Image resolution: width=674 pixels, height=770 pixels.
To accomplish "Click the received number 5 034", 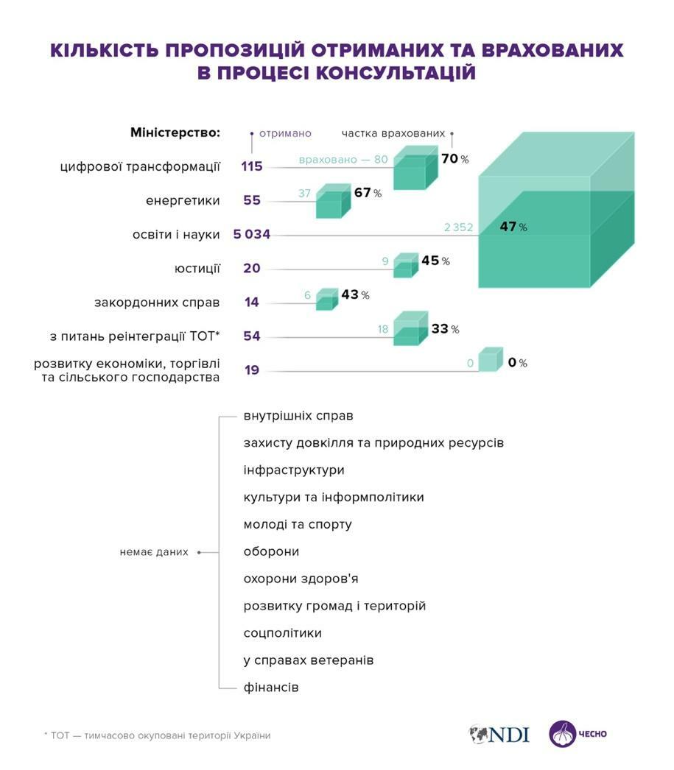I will [x=251, y=235].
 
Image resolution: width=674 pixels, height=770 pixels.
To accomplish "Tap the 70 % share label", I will [x=454, y=158].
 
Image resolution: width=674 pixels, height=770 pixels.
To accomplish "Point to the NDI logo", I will [x=499, y=734].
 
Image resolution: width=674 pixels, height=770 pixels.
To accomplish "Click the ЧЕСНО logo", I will [x=578, y=734].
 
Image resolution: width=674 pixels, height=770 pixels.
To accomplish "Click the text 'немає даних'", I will [x=153, y=552].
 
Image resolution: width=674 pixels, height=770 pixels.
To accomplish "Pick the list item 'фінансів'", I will [x=270, y=688].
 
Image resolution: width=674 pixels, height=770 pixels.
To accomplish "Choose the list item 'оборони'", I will [x=270, y=552].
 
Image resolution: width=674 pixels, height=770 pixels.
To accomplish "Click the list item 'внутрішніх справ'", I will [x=298, y=416].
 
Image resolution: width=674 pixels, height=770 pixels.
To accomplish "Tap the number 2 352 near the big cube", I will [x=458, y=227].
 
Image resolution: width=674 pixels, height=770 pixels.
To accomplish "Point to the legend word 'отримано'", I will [x=284, y=133].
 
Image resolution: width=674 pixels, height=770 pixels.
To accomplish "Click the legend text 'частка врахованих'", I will [x=393, y=133].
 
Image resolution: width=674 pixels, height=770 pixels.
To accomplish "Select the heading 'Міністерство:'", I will [x=175, y=133].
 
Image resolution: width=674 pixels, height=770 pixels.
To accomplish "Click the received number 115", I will [x=251, y=166].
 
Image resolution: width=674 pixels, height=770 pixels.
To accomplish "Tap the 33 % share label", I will [x=444, y=329].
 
